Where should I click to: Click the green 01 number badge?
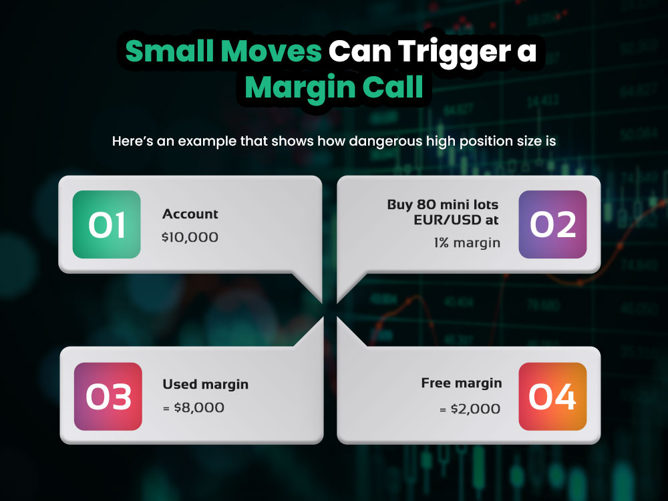(107, 224)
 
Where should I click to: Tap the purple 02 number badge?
(552, 224)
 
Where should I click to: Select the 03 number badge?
(108, 396)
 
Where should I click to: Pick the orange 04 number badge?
(552, 396)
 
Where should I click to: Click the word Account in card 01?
(190, 214)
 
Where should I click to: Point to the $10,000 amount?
(190, 237)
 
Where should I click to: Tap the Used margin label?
(206, 385)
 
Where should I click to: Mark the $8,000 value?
(198, 407)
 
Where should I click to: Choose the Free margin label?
(462, 383)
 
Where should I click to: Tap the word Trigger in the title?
(451, 52)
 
